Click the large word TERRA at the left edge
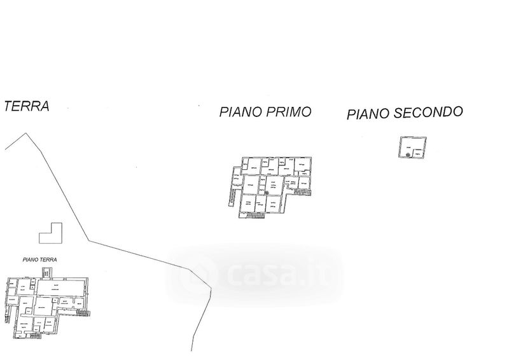tap(26, 106)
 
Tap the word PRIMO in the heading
tap(289, 112)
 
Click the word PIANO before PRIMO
tap(241, 113)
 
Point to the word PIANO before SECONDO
tap(367, 114)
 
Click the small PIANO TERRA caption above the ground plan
tap(39, 260)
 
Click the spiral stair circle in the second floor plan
tap(407, 154)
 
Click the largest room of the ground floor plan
tap(60, 288)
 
